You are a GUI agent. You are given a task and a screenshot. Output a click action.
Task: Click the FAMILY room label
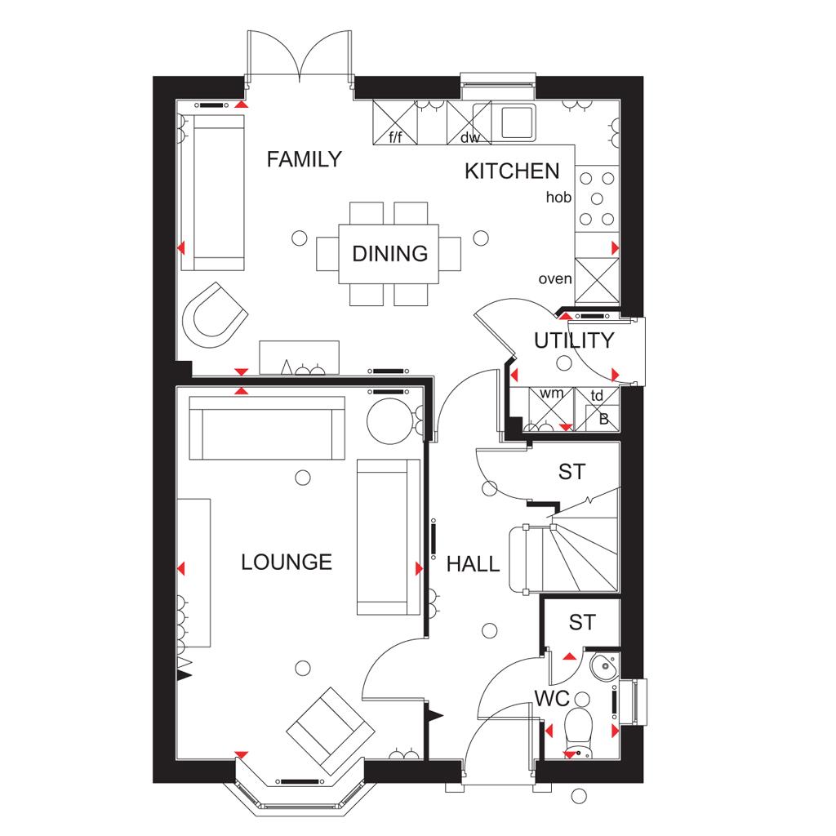coord(304,159)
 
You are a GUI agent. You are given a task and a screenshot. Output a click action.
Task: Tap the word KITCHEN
coord(512,171)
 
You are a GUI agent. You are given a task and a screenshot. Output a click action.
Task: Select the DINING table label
coord(389,254)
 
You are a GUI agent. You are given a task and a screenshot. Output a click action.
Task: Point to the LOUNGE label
coord(287,562)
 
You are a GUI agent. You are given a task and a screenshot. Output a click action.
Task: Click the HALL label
coord(473,564)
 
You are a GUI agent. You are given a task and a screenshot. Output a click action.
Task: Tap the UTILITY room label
coord(574,340)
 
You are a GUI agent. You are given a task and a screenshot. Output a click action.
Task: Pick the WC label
coord(552,699)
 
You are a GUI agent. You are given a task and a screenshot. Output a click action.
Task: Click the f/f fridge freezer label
coord(395,137)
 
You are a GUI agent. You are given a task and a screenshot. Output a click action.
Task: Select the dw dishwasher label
coord(469,137)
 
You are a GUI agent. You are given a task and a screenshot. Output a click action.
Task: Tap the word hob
coord(558,198)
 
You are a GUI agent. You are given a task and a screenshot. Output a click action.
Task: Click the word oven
coord(554,279)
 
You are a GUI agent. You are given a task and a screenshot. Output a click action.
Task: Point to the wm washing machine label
coord(551,394)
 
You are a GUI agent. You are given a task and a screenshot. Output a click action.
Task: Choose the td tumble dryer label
coord(597,395)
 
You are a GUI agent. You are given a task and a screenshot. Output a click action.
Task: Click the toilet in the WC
coord(578,731)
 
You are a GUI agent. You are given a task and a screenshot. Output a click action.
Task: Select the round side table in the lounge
coord(389,421)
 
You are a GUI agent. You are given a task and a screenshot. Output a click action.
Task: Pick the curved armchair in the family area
coord(215,315)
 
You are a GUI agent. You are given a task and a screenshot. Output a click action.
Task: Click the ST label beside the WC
coord(581,622)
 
